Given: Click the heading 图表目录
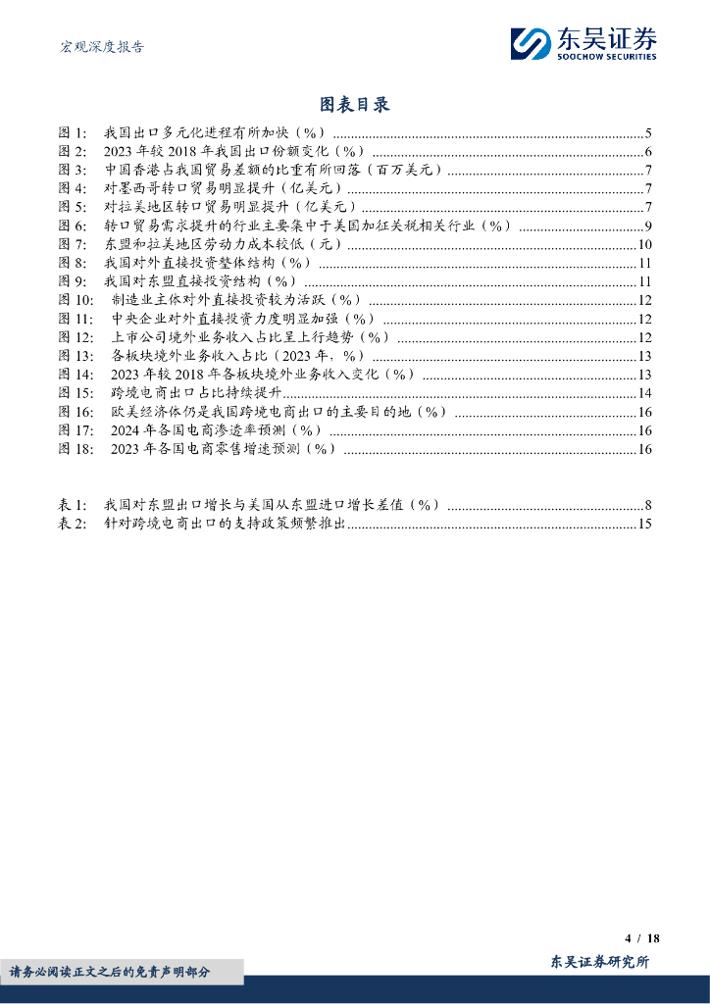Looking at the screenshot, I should point(355,104).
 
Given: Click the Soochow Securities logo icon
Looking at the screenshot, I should point(531,44).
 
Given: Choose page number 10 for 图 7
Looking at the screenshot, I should point(645,245).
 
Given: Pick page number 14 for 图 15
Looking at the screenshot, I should point(645,393).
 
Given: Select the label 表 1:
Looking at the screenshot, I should point(74,505).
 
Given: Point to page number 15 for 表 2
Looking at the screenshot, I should point(645,524).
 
